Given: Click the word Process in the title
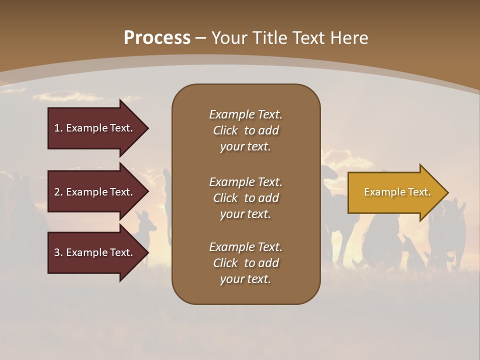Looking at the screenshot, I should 157,38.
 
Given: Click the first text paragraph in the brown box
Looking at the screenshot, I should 245,130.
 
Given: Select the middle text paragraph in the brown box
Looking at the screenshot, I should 245,198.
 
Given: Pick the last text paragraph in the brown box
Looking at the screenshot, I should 245,263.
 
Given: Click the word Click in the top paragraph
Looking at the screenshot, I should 225,130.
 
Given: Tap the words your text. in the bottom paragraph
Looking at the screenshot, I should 245,279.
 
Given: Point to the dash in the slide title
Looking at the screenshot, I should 201,38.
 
